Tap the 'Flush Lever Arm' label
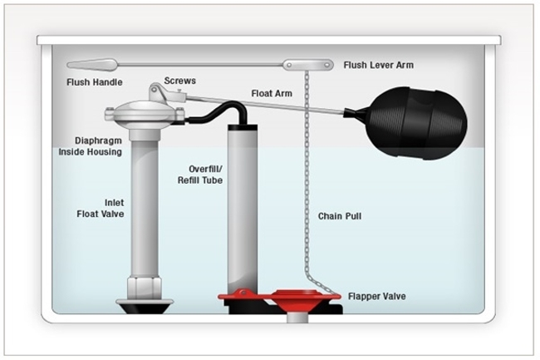click(x=378, y=65)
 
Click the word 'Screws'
click(x=180, y=81)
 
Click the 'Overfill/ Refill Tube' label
click(x=200, y=175)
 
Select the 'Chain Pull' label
click(x=340, y=216)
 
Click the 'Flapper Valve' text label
click(x=376, y=296)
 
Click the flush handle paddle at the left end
click(x=92, y=64)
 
